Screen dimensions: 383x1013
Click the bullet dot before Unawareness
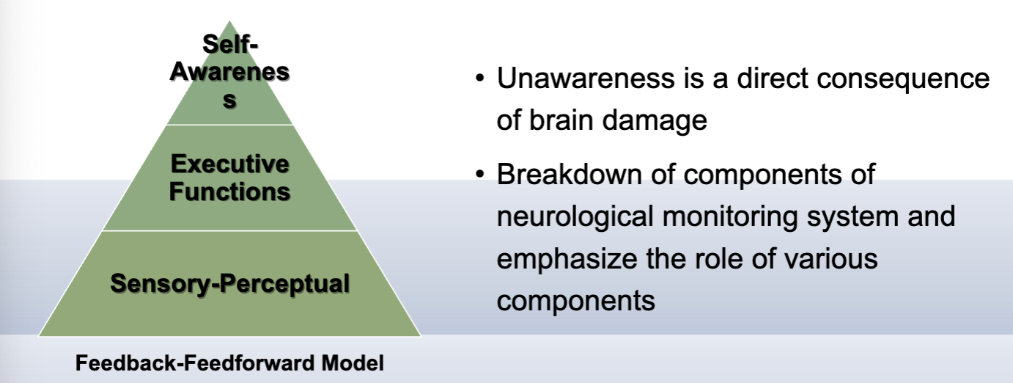click(x=479, y=79)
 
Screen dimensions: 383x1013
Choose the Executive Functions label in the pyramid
click(x=230, y=178)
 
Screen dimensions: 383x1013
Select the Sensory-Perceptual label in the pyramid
click(x=230, y=283)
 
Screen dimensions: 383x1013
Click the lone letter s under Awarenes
click(x=230, y=101)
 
